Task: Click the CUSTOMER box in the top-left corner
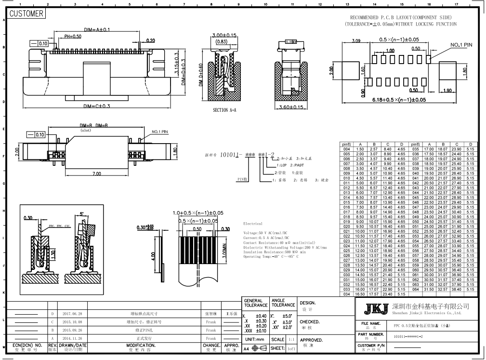point(27,13)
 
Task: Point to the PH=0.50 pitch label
point(73,37)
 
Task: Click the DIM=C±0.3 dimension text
point(97,106)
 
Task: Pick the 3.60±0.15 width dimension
point(291,107)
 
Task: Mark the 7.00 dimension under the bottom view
point(96,173)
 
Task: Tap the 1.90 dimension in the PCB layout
point(447,90)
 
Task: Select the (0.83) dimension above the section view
point(222,41)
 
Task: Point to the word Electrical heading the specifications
point(253,224)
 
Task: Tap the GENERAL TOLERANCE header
point(256,303)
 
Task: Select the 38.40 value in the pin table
point(457,289)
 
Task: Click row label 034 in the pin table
point(346,293)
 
